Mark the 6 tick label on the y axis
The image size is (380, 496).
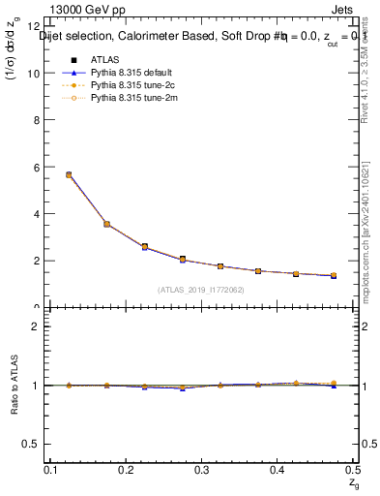coord(37,167)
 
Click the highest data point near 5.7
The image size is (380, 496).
coord(69,174)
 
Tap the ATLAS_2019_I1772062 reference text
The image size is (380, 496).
coord(201,290)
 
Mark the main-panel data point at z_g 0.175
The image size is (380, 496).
coord(106,224)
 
